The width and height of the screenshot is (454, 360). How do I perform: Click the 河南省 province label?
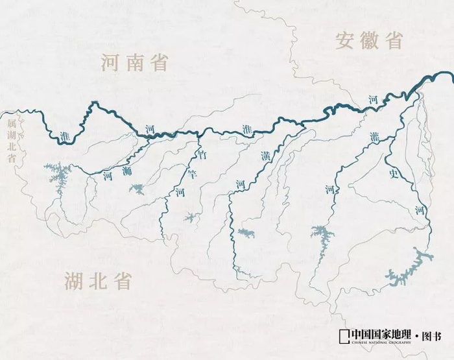(x=135, y=63)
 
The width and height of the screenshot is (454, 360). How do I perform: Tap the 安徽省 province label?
(x=369, y=40)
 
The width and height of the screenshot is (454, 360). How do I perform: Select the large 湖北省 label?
(x=98, y=281)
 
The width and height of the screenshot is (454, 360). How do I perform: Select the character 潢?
(x=265, y=156)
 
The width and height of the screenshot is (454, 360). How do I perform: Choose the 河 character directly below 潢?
(x=239, y=184)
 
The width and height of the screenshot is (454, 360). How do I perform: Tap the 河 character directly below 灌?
(x=329, y=189)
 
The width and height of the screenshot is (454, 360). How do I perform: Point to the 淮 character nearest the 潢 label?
(x=246, y=128)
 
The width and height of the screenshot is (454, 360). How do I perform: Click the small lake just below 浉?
(x=137, y=189)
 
